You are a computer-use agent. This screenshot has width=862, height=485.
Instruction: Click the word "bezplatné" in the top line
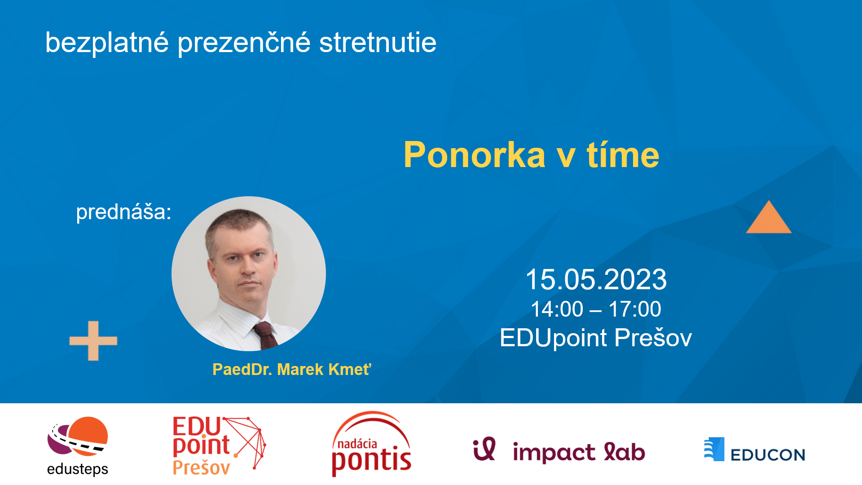pyautogui.click(x=107, y=43)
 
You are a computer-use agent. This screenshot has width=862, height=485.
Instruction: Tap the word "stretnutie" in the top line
pyautogui.click(x=378, y=43)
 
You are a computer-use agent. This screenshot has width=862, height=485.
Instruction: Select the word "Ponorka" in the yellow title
pyautogui.click(x=475, y=155)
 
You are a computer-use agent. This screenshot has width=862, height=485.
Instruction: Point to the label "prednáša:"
pyautogui.click(x=123, y=212)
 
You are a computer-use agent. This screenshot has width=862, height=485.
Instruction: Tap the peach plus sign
pyautogui.click(x=93, y=341)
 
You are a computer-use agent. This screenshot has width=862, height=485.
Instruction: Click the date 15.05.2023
pyautogui.click(x=596, y=279)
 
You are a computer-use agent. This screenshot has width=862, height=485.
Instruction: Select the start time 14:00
pyautogui.click(x=557, y=309)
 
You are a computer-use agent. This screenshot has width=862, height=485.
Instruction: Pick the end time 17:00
pyautogui.click(x=634, y=309)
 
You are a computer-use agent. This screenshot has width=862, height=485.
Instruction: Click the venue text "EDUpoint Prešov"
pyautogui.click(x=596, y=338)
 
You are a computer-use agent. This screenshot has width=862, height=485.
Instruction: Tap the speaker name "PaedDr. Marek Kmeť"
pyautogui.click(x=292, y=370)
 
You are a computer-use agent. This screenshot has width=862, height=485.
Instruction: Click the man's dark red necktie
pyautogui.click(x=266, y=335)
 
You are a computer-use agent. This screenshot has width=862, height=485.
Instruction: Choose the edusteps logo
pyautogui.click(x=78, y=446)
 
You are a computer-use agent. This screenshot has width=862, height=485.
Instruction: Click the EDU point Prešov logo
pyautogui.click(x=219, y=445)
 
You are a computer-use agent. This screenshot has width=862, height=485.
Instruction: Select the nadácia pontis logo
pyautogui.click(x=371, y=444)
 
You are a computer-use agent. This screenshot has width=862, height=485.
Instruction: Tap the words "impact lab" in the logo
pyautogui.click(x=579, y=452)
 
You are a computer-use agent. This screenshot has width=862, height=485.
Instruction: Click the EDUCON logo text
pyautogui.click(x=768, y=455)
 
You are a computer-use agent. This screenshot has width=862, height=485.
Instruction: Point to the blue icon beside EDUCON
pyautogui.click(x=714, y=449)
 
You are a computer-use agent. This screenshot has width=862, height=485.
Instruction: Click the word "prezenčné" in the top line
pyautogui.click(x=244, y=43)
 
